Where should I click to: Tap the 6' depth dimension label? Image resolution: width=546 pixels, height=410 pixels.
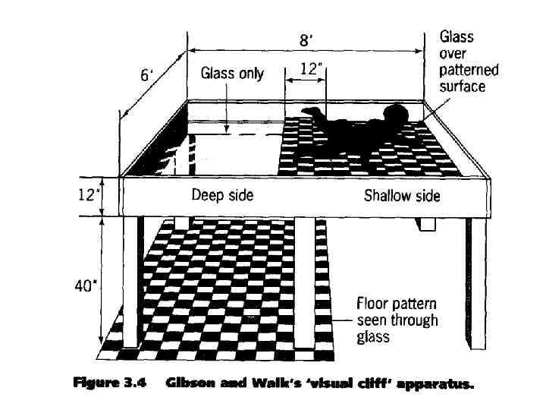[148, 75]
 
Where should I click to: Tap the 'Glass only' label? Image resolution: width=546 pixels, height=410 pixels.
[232, 74]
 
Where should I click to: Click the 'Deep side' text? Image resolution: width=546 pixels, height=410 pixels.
[222, 196]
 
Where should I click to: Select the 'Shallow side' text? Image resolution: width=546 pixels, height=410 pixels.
[401, 196]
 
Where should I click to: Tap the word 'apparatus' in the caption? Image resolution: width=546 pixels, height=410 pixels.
[435, 384]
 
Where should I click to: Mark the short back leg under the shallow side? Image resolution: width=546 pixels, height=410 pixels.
[426, 224]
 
